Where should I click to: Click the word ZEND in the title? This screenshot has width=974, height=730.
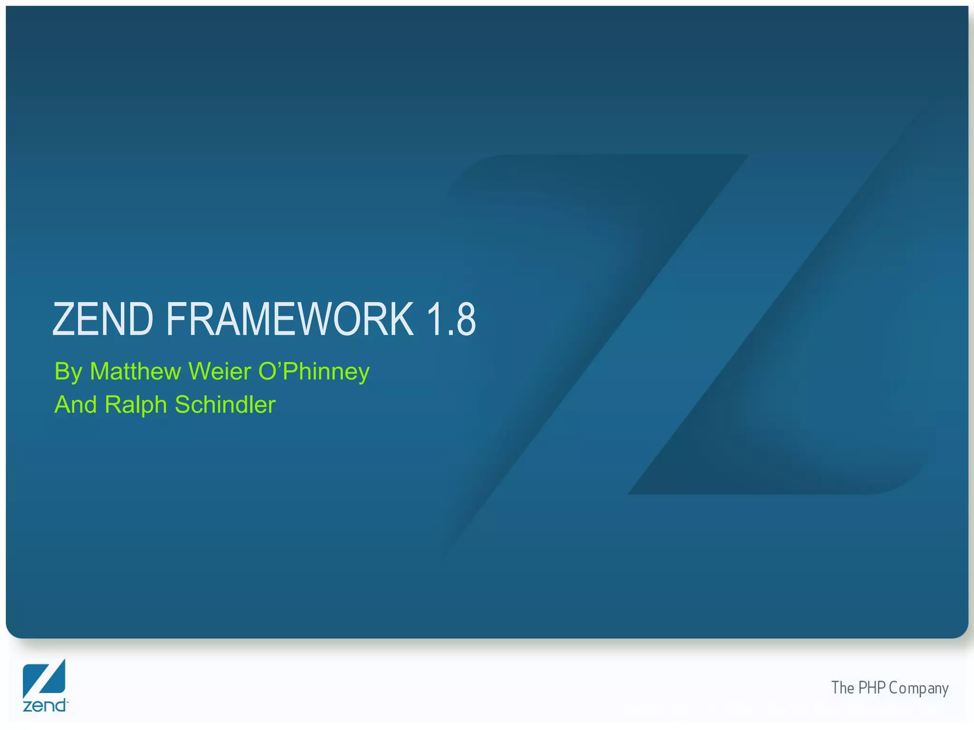pyautogui.click(x=103, y=319)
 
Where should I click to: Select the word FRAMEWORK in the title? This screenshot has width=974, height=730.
pyautogui.click(x=290, y=319)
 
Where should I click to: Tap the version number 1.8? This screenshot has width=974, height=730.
pyautogui.click(x=451, y=319)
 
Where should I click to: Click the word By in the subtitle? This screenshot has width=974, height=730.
pyautogui.click(x=68, y=372)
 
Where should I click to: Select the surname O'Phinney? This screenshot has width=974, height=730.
pyautogui.click(x=314, y=372)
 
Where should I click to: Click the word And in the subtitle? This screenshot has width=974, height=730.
pyautogui.click(x=75, y=404)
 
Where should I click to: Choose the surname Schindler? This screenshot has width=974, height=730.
pyautogui.click(x=225, y=404)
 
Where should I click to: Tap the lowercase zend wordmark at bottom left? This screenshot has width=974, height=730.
pyautogui.click(x=45, y=705)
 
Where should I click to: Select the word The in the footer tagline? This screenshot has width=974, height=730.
pyautogui.click(x=842, y=688)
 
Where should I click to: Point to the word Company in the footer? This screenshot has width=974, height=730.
pyautogui.click(x=918, y=689)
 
